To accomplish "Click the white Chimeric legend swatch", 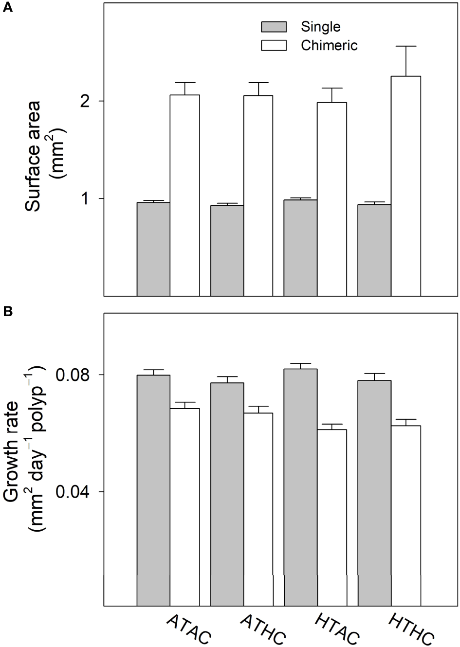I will (274, 46).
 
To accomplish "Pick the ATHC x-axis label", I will (263, 629).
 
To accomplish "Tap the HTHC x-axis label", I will (410, 629).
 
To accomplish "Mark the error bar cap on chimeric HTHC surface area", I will (406, 46).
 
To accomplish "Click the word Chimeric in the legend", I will (330, 46).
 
